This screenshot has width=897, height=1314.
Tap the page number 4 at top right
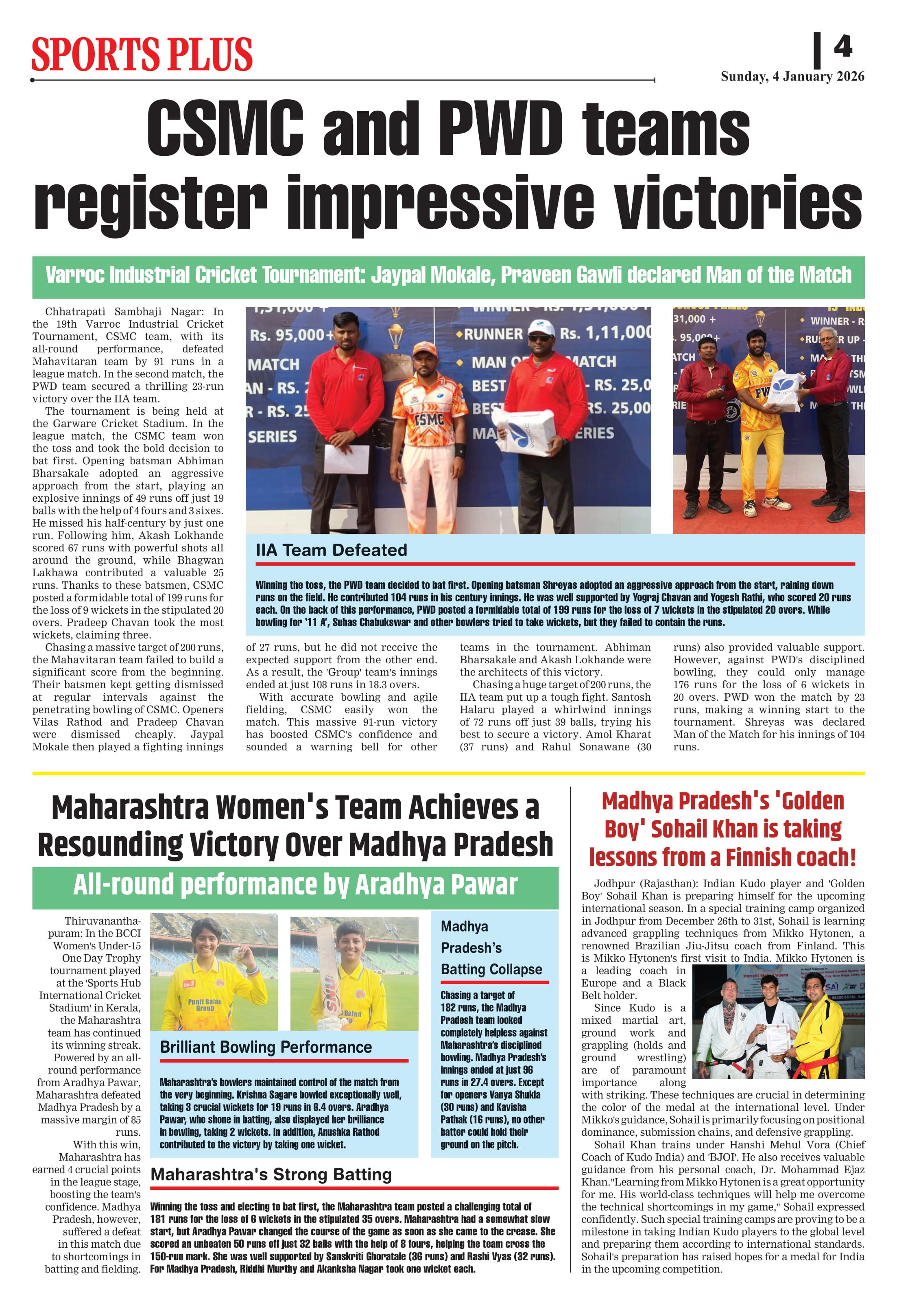pyautogui.click(x=843, y=46)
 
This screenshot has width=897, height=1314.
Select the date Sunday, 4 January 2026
pyautogui.click(x=792, y=77)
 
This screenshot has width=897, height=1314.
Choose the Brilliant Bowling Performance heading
pyautogui.click(x=266, y=1047)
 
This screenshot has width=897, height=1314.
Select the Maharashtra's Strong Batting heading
pyautogui.click(x=271, y=1174)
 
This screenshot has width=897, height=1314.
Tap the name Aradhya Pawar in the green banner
pyautogui.click(x=436, y=884)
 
